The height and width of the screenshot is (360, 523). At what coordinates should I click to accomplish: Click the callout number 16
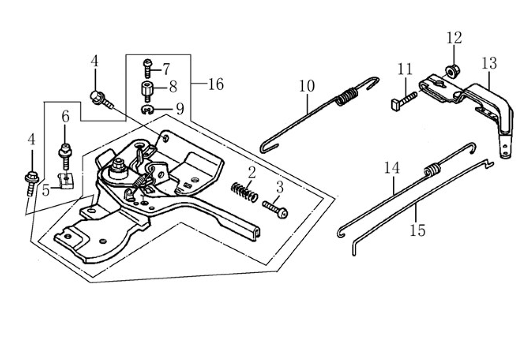point(216,84)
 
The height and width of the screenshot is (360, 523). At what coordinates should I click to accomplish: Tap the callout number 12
point(454,38)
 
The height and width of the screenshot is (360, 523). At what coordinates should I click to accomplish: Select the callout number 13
point(489,63)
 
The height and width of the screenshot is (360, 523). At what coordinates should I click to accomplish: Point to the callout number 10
point(307,86)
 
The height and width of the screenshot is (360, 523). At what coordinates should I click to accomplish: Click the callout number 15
point(418,230)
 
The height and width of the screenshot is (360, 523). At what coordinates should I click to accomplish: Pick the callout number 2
point(252,173)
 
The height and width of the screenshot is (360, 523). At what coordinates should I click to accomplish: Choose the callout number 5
point(46,190)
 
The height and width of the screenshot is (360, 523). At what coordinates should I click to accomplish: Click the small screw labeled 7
point(147,69)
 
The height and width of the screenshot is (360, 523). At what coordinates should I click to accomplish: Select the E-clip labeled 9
point(147,110)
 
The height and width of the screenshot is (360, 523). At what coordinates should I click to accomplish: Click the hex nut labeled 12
point(453,71)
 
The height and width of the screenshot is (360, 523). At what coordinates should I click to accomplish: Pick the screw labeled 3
point(275,209)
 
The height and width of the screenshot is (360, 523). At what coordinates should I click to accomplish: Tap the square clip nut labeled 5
point(66,181)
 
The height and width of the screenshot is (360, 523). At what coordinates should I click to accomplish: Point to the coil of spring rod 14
point(432,170)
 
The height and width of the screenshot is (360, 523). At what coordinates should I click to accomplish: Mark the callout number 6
point(66,117)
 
